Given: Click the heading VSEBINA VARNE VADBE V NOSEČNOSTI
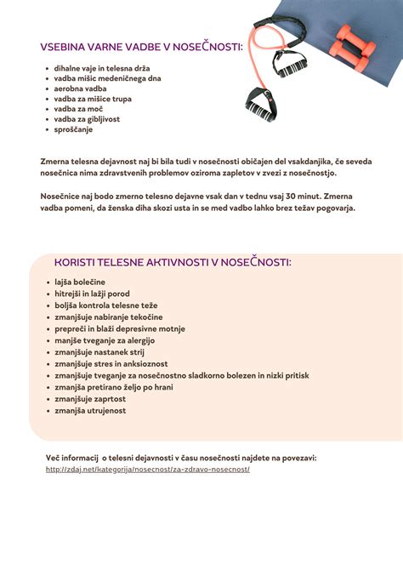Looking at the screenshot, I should click(x=141, y=47).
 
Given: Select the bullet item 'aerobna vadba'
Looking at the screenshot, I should click(x=80, y=88).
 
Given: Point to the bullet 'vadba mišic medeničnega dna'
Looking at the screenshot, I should click(x=107, y=78).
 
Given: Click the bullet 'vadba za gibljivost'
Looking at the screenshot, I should click(x=87, y=119).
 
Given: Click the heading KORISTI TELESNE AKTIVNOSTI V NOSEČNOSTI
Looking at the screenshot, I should click(x=173, y=262).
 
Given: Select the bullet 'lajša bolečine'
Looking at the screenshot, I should click(x=79, y=282).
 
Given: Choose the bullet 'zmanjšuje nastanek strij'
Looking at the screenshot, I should click(x=100, y=352).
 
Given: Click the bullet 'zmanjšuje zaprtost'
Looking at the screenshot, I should click(x=90, y=398).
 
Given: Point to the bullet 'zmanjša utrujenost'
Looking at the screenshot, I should click(x=90, y=410).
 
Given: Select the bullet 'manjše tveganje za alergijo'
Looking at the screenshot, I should click(x=107, y=340).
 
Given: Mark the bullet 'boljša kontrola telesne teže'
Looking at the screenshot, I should click(x=105, y=305).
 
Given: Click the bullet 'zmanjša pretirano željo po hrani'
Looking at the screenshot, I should click(x=115, y=387).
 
